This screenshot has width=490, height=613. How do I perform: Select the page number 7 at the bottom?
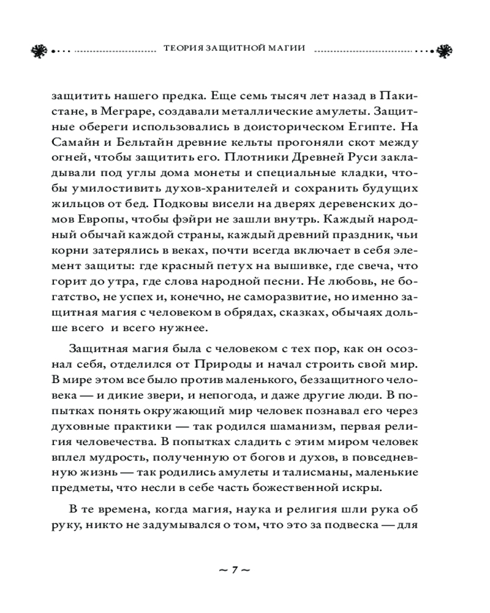click(235, 569)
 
